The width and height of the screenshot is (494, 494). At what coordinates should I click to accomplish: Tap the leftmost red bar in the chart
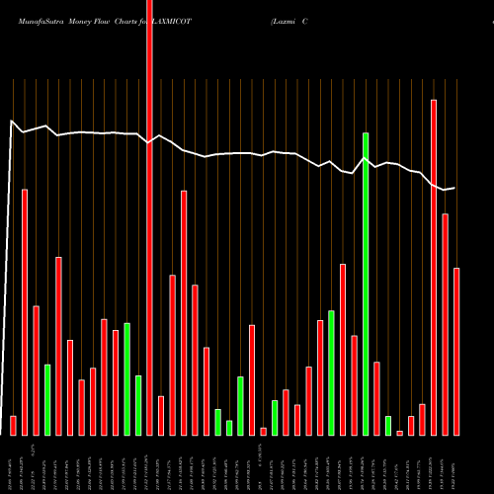pyautogui.click(x=13, y=425)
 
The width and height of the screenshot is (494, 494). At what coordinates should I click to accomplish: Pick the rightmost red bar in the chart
pyautogui.click(x=456, y=351)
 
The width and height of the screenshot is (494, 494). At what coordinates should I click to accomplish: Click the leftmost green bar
pyautogui.click(x=46, y=399)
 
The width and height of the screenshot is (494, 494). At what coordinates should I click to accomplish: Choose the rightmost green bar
pyautogui.click(x=388, y=425)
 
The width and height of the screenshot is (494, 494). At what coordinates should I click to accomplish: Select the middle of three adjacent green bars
pyautogui.click(x=229, y=427)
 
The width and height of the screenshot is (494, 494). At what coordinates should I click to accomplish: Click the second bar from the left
pyautogui.click(x=25, y=311)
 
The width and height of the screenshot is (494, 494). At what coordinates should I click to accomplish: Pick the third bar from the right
pyautogui.click(x=434, y=267)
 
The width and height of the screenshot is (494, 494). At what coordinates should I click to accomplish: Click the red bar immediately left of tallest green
pyautogui.click(x=354, y=385)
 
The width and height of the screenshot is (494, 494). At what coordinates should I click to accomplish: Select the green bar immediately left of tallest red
pyautogui.click(x=138, y=405)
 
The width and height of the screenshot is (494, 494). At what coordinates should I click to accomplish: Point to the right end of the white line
pyautogui.click(x=454, y=188)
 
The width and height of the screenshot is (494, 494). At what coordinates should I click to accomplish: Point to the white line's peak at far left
pyautogui.click(x=11, y=122)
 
